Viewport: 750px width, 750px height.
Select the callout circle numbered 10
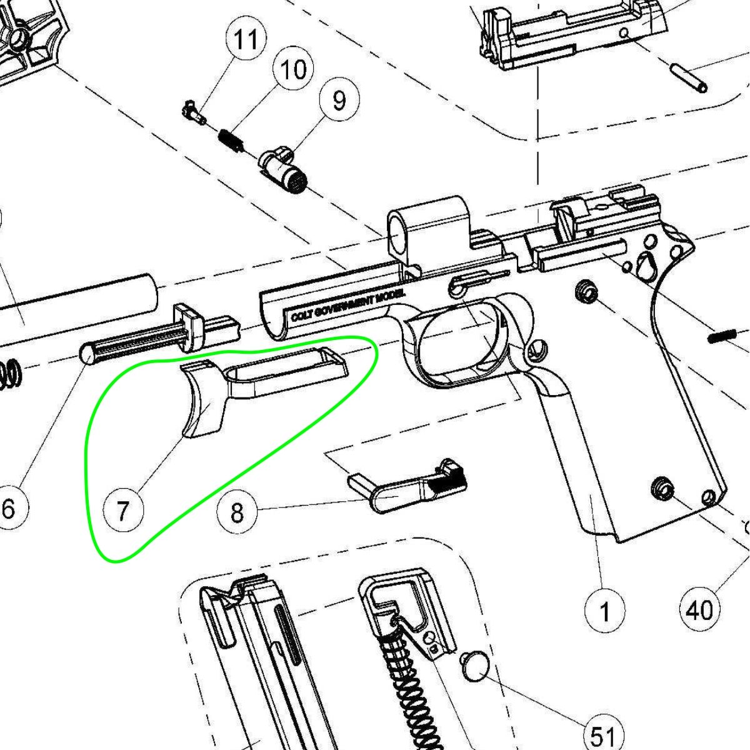(293, 69)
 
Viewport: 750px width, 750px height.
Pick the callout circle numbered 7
(123, 510)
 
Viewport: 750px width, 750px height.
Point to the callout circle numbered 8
(237, 512)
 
